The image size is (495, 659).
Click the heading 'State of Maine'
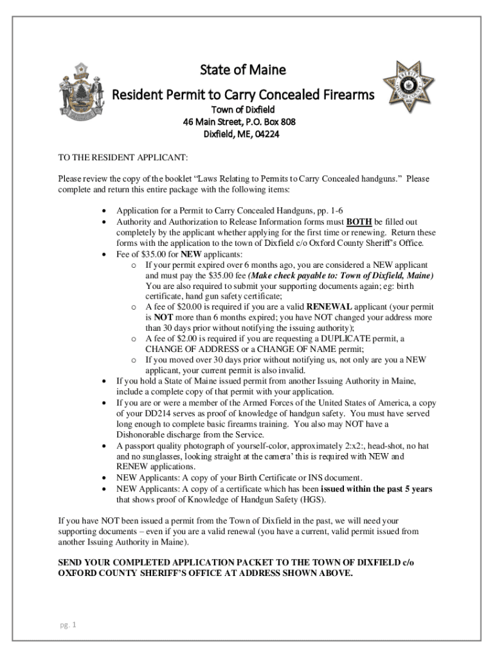(x=241, y=70)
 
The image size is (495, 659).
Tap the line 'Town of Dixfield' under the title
(x=240, y=109)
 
